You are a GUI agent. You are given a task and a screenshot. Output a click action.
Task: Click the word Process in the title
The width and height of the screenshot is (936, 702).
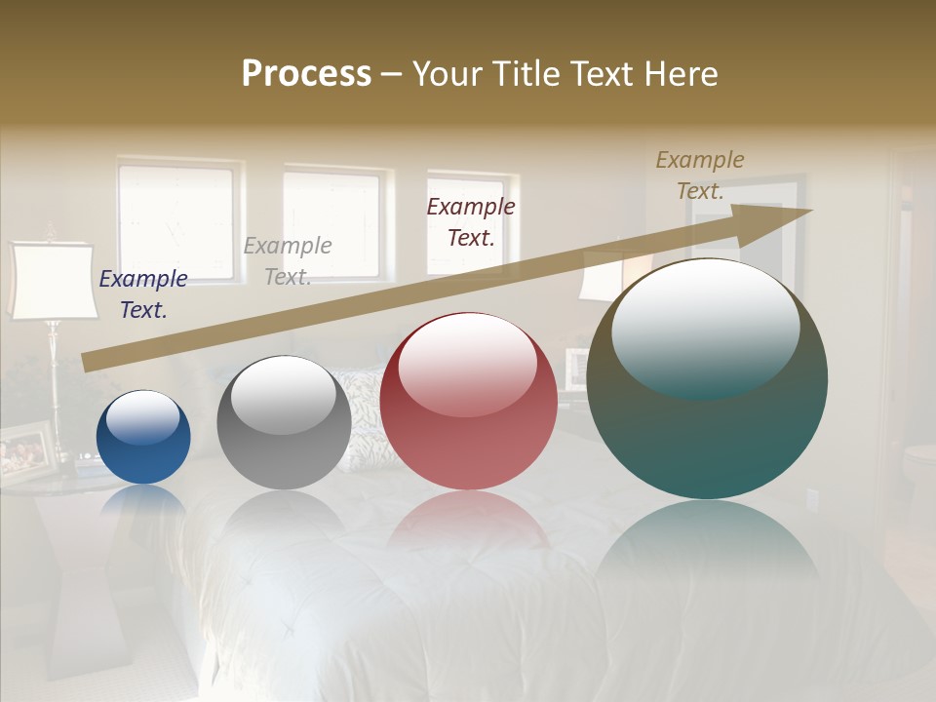click(x=306, y=74)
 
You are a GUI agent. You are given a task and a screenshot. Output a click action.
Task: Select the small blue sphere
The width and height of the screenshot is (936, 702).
click(x=143, y=437)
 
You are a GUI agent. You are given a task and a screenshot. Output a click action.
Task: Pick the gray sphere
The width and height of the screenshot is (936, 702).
click(x=284, y=422)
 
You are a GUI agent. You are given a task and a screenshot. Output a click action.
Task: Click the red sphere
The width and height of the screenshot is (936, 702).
click(x=468, y=401)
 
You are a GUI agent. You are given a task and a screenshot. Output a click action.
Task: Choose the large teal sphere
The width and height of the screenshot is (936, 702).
click(x=707, y=378)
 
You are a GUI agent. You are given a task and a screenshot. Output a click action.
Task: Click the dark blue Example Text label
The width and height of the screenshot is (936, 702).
click(x=143, y=294)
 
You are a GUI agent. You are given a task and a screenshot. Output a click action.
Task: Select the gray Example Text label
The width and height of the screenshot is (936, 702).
click(x=287, y=261)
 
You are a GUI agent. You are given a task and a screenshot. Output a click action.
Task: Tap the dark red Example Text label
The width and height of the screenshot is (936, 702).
click(x=471, y=221)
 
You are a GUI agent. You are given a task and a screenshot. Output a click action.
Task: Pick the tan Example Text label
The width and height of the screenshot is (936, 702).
click(x=699, y=175)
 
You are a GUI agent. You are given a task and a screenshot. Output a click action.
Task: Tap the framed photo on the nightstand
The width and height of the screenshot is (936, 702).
click(x=24, y=450)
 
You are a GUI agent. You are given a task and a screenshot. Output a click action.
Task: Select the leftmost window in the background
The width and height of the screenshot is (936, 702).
click(x=176, y=219)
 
